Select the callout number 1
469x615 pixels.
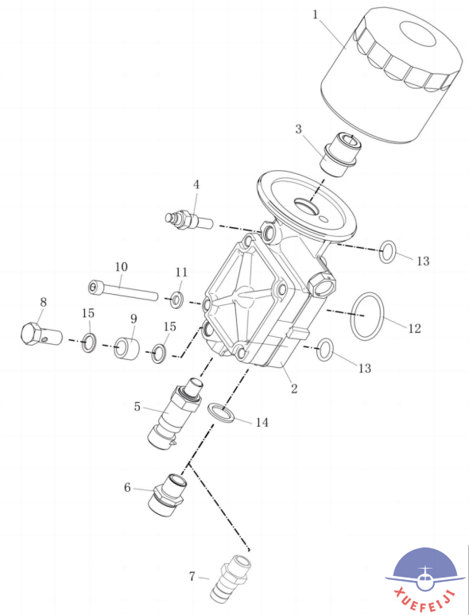[x=316, y=15]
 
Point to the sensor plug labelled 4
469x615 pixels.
[x=188, y=221]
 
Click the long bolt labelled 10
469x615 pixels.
[x=122, y=289]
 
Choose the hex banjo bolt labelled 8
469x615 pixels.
[x=41, y=335]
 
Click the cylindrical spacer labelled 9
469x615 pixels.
[x=126, y=347]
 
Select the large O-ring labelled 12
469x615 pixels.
[x=367, y=315]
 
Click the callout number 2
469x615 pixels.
[x=294, y=389]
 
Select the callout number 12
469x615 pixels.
[x=415, y=328]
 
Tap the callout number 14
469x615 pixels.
[x=262, y=423]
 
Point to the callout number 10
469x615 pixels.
[x=122, y=267]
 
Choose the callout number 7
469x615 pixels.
[x=192, y=577]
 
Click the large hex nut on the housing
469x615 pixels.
[x=322, y=284]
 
